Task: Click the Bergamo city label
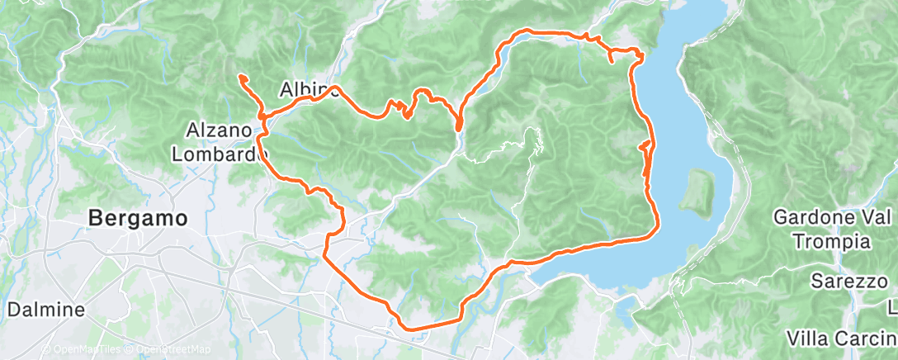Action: point(138,218)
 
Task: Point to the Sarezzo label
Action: point(847,281)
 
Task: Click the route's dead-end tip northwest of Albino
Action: point(242,77)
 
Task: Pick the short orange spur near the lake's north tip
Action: point(611,57)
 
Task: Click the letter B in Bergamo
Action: point(96,218)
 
